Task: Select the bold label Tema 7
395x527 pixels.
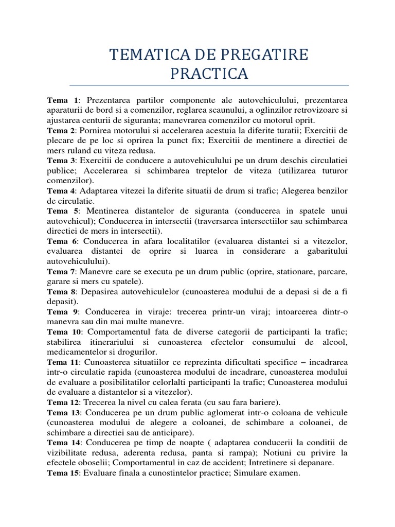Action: coord(61,271)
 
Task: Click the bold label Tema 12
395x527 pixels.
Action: coord(63,402)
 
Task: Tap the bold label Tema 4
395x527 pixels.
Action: coord(61,190)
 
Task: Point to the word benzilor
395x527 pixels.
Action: coord(327,190)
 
